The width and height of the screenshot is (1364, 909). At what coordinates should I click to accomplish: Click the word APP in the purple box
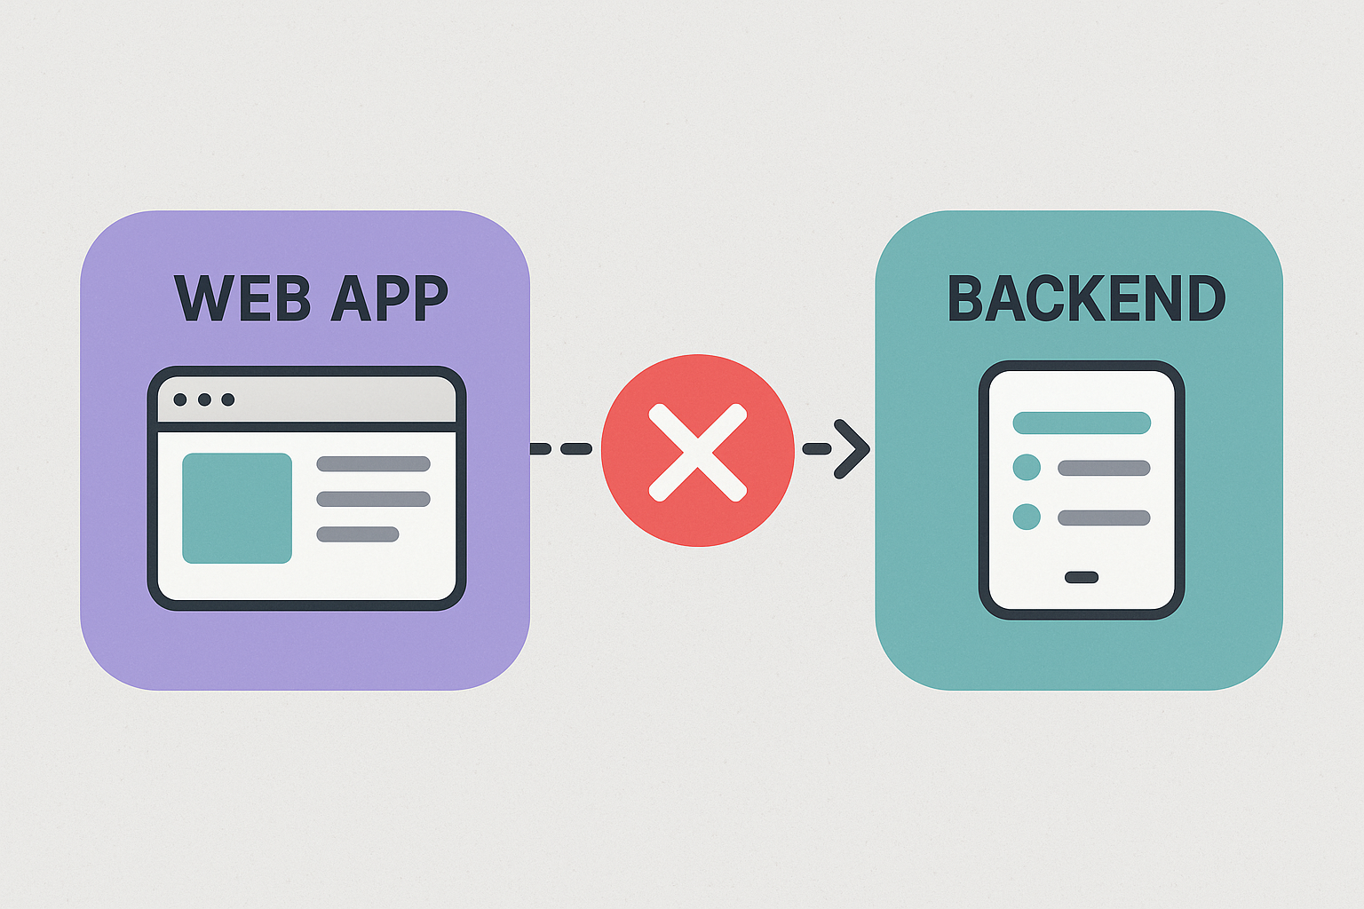click(388, 298)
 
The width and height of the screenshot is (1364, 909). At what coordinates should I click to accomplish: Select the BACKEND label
click(1086, 298)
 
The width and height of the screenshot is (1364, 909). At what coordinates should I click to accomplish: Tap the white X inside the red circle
click(698, 452)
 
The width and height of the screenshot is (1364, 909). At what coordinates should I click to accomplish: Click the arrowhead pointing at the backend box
click(852, 449)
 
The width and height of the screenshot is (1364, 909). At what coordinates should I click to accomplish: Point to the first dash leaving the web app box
click(541, 449)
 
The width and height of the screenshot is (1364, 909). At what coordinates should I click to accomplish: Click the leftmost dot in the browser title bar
click(180, 399)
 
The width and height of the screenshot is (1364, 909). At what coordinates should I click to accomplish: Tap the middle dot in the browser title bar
click(204, 399)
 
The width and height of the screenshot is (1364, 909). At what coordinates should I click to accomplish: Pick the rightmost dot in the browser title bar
click(228, 399)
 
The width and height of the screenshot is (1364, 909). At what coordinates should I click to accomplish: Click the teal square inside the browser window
click(237, 508)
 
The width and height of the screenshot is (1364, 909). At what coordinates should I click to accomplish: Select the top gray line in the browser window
click(373, 463)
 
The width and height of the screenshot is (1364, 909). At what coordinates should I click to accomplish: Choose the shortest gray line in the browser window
click(358, 534)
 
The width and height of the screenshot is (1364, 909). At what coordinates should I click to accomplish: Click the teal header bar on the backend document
click(1082, 423)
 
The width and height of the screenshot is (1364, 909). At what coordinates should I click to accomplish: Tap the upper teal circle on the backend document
click(1027, 468)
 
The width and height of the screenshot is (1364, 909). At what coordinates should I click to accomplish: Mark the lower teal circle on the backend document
click(1027, 517)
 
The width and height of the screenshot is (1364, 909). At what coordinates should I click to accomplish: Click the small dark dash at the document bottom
click(1082, 577)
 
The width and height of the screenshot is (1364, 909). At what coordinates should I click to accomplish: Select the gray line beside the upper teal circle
click(1104, 468)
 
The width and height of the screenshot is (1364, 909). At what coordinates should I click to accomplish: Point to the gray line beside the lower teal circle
click(1104, 518)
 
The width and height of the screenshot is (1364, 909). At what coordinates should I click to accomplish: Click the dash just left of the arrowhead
click(817, 449)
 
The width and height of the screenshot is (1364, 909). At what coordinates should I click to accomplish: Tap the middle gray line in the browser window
click(373, 499)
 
